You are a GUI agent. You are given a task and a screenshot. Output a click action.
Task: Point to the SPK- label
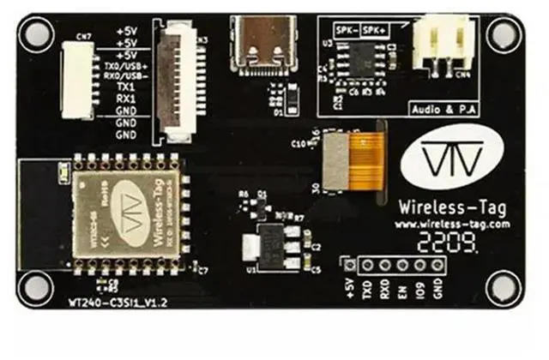(x=346, y=30)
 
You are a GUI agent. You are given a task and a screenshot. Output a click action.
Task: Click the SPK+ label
(x=375, y=30)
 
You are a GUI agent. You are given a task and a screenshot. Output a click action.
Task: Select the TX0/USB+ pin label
(x=126, y=64)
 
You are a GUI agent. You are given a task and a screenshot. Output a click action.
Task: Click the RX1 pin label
(x=126, y=99)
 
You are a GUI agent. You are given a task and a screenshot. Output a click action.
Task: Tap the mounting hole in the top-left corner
(x=37, y=33)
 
